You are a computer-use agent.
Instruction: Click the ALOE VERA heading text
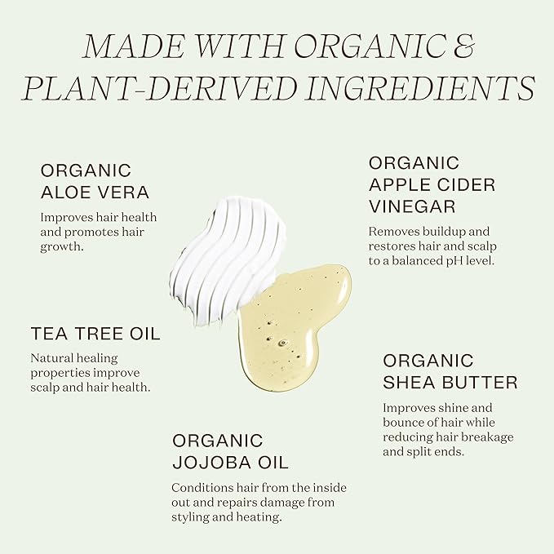click(95, 193)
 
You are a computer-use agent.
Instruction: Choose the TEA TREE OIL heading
click(95, 334)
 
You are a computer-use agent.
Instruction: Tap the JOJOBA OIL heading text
click(230, 463)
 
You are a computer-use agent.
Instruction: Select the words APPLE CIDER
click(432, 185)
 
